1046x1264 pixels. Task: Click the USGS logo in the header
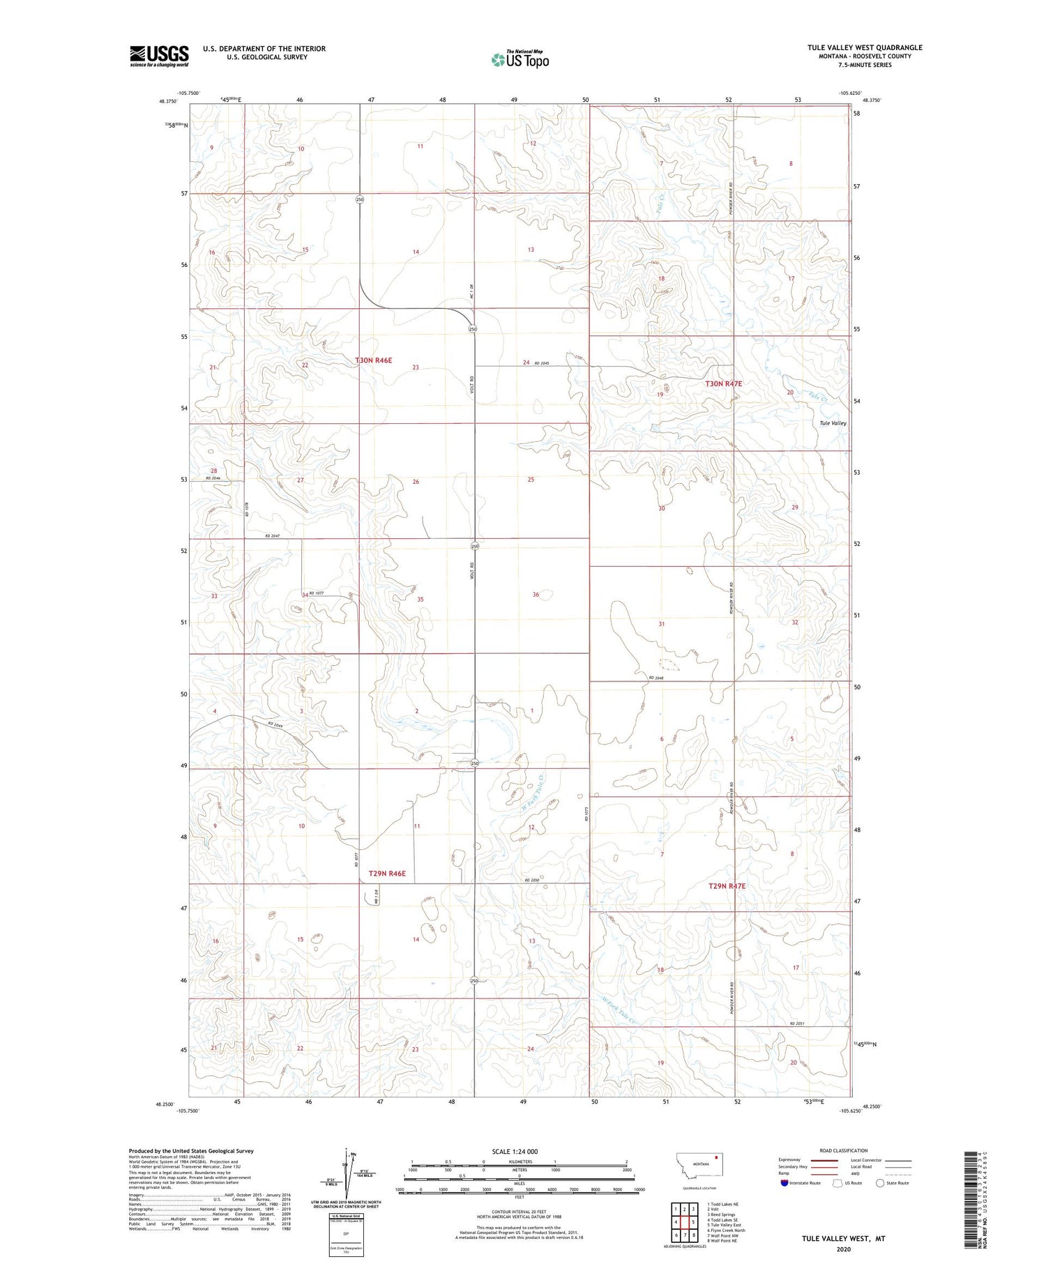(x=159, y=56)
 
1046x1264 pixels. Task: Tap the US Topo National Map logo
(x=520, y=59)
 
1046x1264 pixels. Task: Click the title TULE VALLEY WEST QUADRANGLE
(x=864, y=47)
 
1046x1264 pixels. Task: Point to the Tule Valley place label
(x=833, y=423)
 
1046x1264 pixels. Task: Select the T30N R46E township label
(x=374, y=360)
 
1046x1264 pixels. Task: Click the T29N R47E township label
(x=727, y=886)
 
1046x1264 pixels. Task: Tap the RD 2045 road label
(x=542, y=363)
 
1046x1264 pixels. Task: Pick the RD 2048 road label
(x=656, y=678)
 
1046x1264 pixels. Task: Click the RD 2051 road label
(x=797, y=1023)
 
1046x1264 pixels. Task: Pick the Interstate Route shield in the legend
(x=784, y=1182)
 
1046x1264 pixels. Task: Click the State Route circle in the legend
(x=880, y=1182)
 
